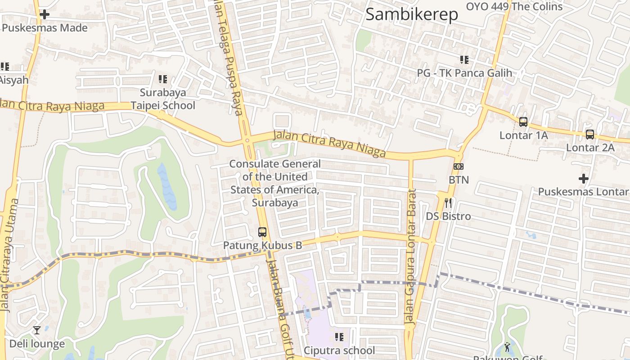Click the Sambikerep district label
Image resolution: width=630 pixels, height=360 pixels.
tap(411, 14)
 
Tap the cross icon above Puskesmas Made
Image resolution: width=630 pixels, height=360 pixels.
tap(44, 14)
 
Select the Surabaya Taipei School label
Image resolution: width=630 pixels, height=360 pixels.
tap(162, 99)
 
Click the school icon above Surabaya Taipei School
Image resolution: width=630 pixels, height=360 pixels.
tap(162, 79)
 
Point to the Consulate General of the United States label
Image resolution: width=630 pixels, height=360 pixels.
tap(275, 183)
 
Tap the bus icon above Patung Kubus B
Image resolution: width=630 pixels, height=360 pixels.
tap(262, 232)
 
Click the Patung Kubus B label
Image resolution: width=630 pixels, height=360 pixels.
tap(262, 246)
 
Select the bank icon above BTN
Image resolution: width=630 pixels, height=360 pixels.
tap(458, 166)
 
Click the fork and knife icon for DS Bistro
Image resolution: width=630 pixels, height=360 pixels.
tap(448, 203)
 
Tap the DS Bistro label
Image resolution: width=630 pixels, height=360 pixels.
tap(448, 216)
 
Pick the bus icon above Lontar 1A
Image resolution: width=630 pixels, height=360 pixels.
tap(523, 121)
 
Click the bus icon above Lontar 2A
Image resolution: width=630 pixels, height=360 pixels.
tap(589, 134)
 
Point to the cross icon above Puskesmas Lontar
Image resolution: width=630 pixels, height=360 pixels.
tap(584, 179)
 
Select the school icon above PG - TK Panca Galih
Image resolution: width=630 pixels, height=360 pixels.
tap(464, 59)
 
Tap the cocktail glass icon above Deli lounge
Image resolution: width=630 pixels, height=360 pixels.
tap(37, 331)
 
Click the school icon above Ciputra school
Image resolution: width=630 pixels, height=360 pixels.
tap(339, 337)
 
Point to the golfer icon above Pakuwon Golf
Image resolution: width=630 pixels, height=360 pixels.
tap(508, 347)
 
